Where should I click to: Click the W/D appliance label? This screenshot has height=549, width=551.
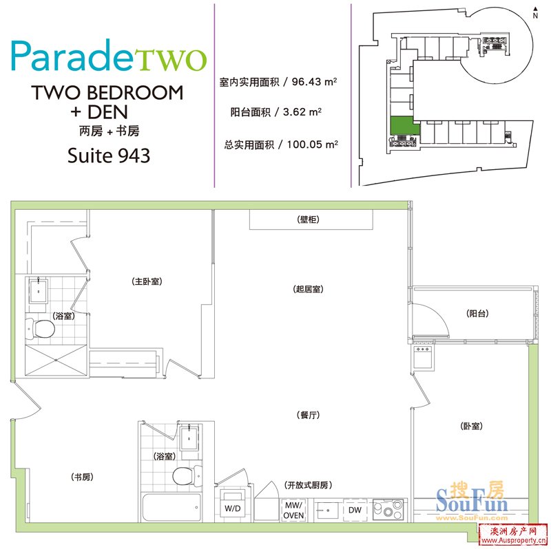(233, 508)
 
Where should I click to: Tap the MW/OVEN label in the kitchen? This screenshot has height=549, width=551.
(293, 510)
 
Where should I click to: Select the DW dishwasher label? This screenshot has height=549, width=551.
(355, 510)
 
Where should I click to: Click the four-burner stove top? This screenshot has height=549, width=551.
(388, 509)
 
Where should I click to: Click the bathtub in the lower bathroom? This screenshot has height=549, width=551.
(171, 507)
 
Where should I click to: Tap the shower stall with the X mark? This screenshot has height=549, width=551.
(56, 360)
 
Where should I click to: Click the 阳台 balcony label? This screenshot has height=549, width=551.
(477, 314)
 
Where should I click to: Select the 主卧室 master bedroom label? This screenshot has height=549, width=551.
(147, 281)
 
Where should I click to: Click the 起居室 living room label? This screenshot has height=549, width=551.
(308, 289)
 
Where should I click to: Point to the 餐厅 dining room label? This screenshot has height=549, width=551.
(308, 415)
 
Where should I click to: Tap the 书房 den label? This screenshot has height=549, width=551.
(82, 477)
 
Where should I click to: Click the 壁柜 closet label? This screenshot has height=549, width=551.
(308, 219)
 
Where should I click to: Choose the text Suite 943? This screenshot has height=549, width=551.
(109, 155)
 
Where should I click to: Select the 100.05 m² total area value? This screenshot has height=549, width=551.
(313, 144)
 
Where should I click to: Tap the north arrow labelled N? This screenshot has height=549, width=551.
(535, 12)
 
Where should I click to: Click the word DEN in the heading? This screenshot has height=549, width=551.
(107, 112)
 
